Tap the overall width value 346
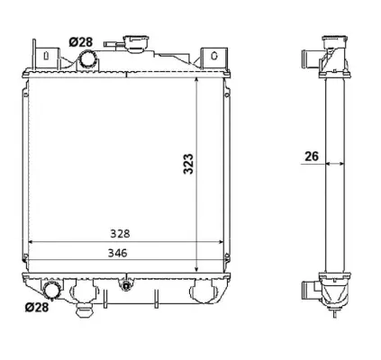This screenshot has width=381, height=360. click(x=115, y=253)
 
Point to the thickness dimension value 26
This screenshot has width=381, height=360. click(x=312, y=156)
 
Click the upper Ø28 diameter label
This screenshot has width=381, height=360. click(x=80, y=41)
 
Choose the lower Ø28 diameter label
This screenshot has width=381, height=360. click(x=36, y=307)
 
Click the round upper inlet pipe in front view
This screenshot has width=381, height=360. click(x=88, y=59)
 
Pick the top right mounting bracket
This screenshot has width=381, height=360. click(x=212, y=55)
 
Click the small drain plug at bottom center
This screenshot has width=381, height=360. click(x=126, y=287)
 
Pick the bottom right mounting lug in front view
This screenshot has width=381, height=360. click(x=204, y=291)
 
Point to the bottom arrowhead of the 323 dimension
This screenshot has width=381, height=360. click(x=197, y=267)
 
